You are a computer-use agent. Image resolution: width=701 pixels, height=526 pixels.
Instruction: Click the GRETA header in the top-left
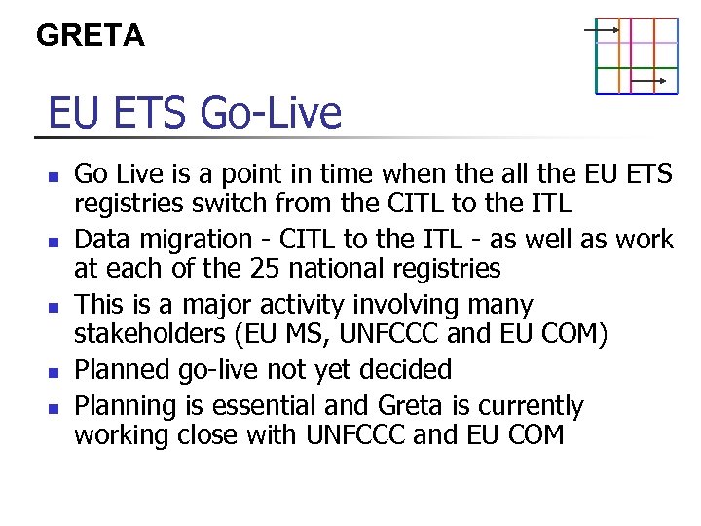[x=90, y=36]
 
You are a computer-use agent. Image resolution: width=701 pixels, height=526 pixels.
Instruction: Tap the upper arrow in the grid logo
[x=603, y=30]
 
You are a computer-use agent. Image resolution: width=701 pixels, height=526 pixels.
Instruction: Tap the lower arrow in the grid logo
[x=647, y=80]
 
